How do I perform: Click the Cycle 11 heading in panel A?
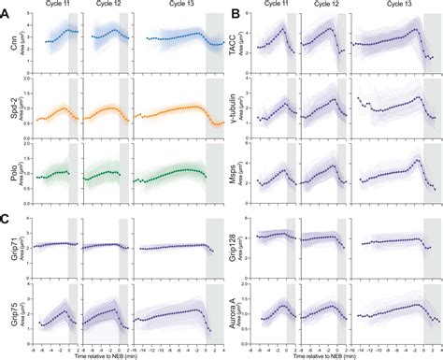tap(59, 6)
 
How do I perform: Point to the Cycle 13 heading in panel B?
tap(393, 6)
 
